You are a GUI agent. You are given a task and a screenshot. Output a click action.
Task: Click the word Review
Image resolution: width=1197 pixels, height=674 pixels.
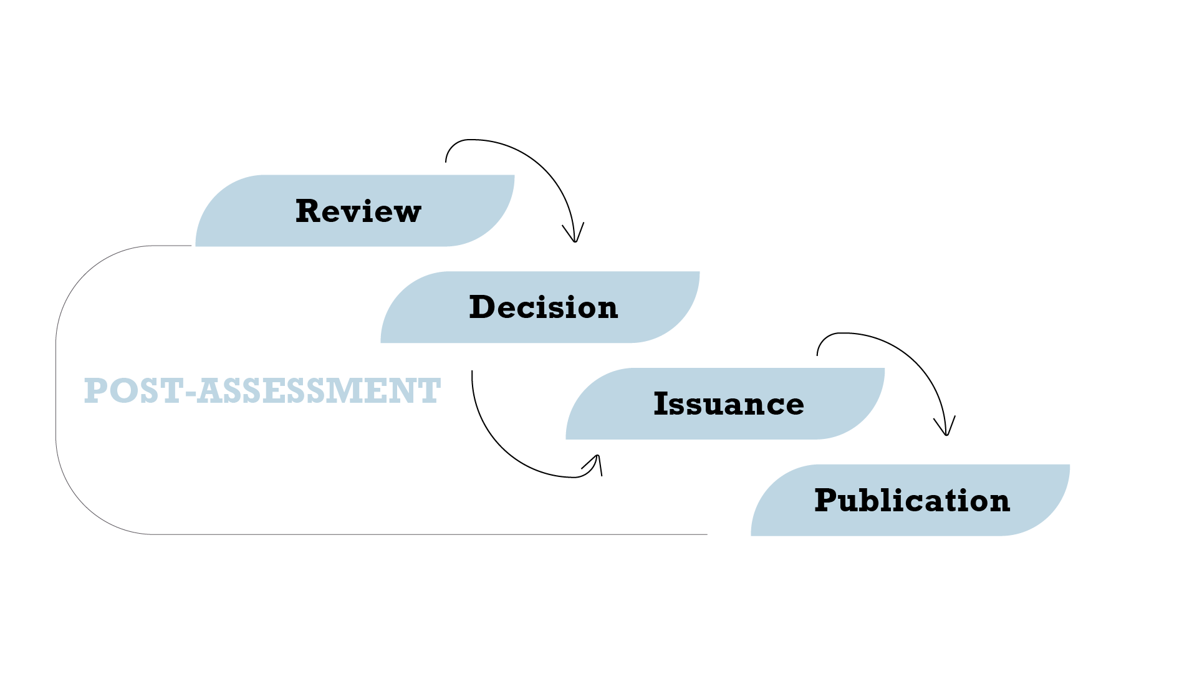pos(358,211)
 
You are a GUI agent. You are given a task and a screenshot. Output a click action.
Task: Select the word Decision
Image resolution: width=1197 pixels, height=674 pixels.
pos(543,307)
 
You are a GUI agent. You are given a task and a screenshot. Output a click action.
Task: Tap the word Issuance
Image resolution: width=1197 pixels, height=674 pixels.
pos(728,404)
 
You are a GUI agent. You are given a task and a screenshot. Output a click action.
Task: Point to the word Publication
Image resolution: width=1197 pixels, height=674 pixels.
pos(911,501)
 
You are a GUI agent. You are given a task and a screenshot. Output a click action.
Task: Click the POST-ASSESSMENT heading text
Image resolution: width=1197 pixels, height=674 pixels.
pos(262,391)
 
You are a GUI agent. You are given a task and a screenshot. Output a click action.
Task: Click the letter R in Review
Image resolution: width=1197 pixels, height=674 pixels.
pos(308,211)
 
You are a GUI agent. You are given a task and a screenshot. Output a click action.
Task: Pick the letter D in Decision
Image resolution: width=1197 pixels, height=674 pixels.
pos(483,307)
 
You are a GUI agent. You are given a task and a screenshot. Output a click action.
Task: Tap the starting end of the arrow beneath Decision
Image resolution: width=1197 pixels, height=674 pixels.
pos(472,373)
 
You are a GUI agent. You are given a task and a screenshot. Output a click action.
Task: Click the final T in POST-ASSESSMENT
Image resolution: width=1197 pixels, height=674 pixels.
pos(430,391)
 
